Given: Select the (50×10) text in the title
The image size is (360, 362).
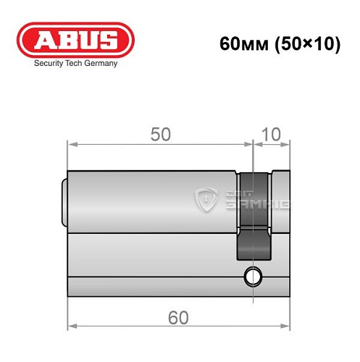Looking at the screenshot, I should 305,43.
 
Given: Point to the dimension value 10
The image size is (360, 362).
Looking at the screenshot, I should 271,135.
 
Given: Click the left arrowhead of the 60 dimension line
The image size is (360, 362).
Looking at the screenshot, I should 70,327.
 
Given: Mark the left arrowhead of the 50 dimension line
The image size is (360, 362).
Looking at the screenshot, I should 70,143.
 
